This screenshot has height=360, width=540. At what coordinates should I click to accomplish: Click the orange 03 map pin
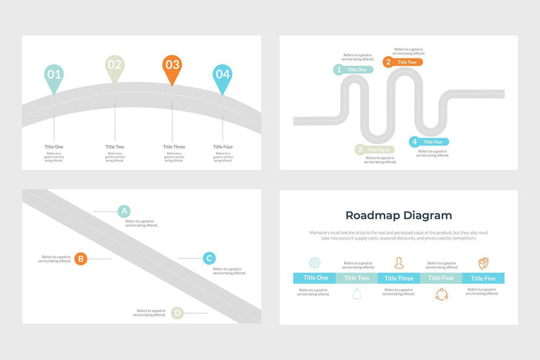pyautogui.click(x=172, y=66)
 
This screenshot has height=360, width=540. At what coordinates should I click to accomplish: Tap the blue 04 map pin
pyautogui.click(x=223, y=75)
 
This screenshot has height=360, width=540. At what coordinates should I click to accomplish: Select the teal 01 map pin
pyautogui.click(x=54, y=75)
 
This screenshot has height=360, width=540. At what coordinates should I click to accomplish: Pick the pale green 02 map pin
pyautogui.click(x=114, y=66)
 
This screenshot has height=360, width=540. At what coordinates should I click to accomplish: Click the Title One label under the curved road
pyautogui.click(x=54, y=146)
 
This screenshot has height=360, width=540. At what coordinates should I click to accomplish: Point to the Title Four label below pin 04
pyautogui.click(x=223, y=146)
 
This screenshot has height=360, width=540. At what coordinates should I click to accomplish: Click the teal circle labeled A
pyautogui.click(x=124, y=211)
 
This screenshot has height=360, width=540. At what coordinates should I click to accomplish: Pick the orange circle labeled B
pyautogui.click(x=81, y=259)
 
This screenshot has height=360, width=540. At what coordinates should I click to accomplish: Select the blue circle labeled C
pyautogui.click(x=209, y=258)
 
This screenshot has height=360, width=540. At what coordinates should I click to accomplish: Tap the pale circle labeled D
pyautogui.click(x=178, y=313)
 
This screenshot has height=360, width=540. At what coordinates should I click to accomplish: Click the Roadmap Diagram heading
pyautogui.click(x=399, y=215)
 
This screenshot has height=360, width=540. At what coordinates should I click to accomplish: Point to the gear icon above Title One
pyautogui.click(x=314, y=262)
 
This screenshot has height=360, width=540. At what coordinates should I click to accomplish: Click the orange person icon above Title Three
pyautogui.click(x=399, y=262)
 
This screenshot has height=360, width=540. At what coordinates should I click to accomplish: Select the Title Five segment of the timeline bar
pyautogui.click(x=483, y=278)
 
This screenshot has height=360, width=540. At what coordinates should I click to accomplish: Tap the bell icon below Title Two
pyautogui.click(x=357, y=294)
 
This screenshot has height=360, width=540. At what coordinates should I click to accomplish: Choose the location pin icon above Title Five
pyautogui.click(x=483, y=262)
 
